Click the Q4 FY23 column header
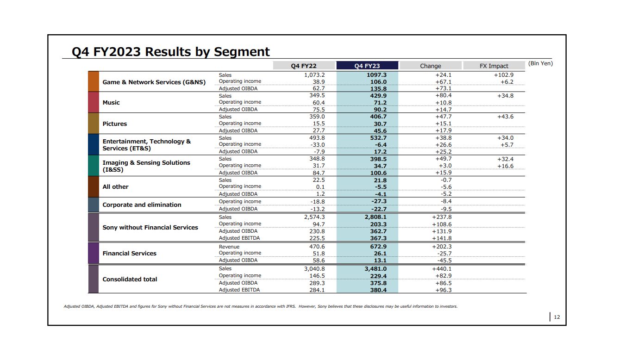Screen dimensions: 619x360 [367, 66]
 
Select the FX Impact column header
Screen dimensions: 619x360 [494, 66]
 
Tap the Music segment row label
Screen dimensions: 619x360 [111, 103]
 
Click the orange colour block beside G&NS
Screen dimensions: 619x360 [94, 81]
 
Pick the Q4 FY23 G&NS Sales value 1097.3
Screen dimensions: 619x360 [377, 75]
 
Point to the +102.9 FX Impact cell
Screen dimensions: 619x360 [504, 75]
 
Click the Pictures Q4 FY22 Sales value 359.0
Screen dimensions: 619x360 [317, 117]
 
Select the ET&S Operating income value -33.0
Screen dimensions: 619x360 [318, 145]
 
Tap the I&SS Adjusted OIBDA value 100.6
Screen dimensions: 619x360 [379, 173]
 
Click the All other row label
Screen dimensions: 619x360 [115, 187]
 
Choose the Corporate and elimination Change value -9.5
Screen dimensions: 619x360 [446, 209]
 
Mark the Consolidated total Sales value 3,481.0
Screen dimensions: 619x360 [375, 269]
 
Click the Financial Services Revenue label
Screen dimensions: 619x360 [229, 247]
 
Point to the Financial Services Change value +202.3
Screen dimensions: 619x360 [442, 247]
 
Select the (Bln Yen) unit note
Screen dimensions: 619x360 [540, 63]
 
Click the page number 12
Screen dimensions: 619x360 [557, 317]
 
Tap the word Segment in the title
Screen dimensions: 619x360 [242, 52]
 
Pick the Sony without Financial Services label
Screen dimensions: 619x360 [150, 227]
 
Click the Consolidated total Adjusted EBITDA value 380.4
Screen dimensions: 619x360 [379, 290]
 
